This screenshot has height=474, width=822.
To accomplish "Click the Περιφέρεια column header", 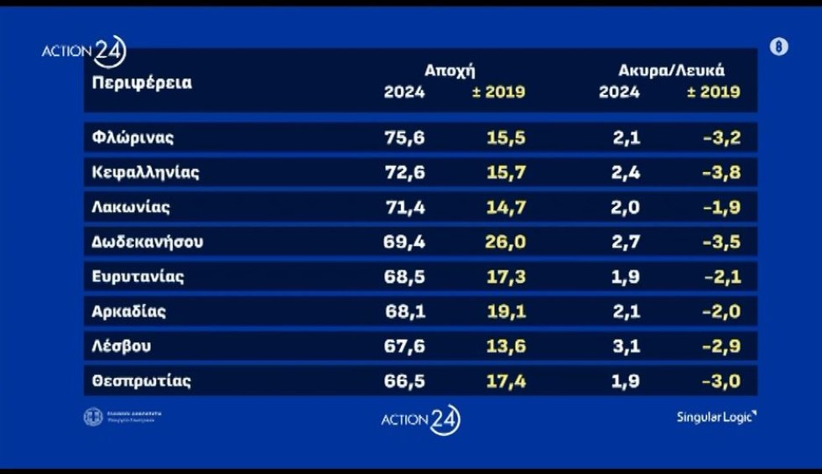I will [x=142, y=83].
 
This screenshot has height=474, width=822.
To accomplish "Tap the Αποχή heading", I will [x=455, y=70].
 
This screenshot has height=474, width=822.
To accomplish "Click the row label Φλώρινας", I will [x=133, y=138].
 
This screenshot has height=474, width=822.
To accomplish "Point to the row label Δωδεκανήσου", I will [x=148, y=242].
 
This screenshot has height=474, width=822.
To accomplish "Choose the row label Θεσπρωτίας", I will [x=142, y=381].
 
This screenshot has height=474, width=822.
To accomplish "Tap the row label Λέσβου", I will [x=122, y=346].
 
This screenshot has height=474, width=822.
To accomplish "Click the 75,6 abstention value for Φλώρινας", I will [x=404, y=138].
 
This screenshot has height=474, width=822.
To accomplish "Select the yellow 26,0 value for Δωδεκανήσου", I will [x=505, y=242].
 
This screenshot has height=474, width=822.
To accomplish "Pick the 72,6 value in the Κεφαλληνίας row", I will [x=404, y=173].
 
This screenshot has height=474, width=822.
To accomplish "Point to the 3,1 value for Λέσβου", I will [x=627, y=346].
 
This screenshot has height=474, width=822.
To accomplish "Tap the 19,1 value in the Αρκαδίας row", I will [x=505, y=311].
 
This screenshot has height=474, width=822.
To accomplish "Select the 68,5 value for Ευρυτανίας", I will [x=404, y=277].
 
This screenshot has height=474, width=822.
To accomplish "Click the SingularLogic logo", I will [x=716, y=417].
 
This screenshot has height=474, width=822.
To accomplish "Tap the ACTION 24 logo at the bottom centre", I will [x=420, y=419].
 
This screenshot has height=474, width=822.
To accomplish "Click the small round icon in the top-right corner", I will [x=778, y=47].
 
